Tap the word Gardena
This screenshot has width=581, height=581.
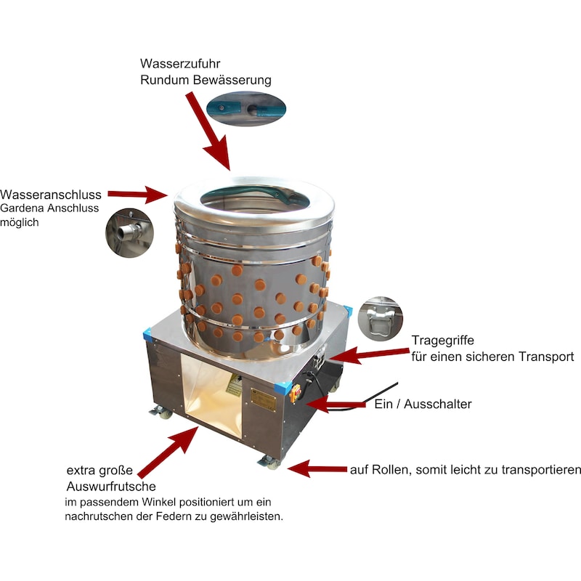click(x=25, y=209)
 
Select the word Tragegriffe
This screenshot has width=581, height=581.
click(x=442, y=340)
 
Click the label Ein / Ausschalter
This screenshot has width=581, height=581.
click(x=423, y=404)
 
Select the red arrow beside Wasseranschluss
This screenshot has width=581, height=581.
click(x=138, y=194)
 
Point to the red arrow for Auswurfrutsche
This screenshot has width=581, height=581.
click(x=168, y=452)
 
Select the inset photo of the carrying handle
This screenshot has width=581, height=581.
click(x=381, y=317)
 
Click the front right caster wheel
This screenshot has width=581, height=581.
click(x=271, y=462)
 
